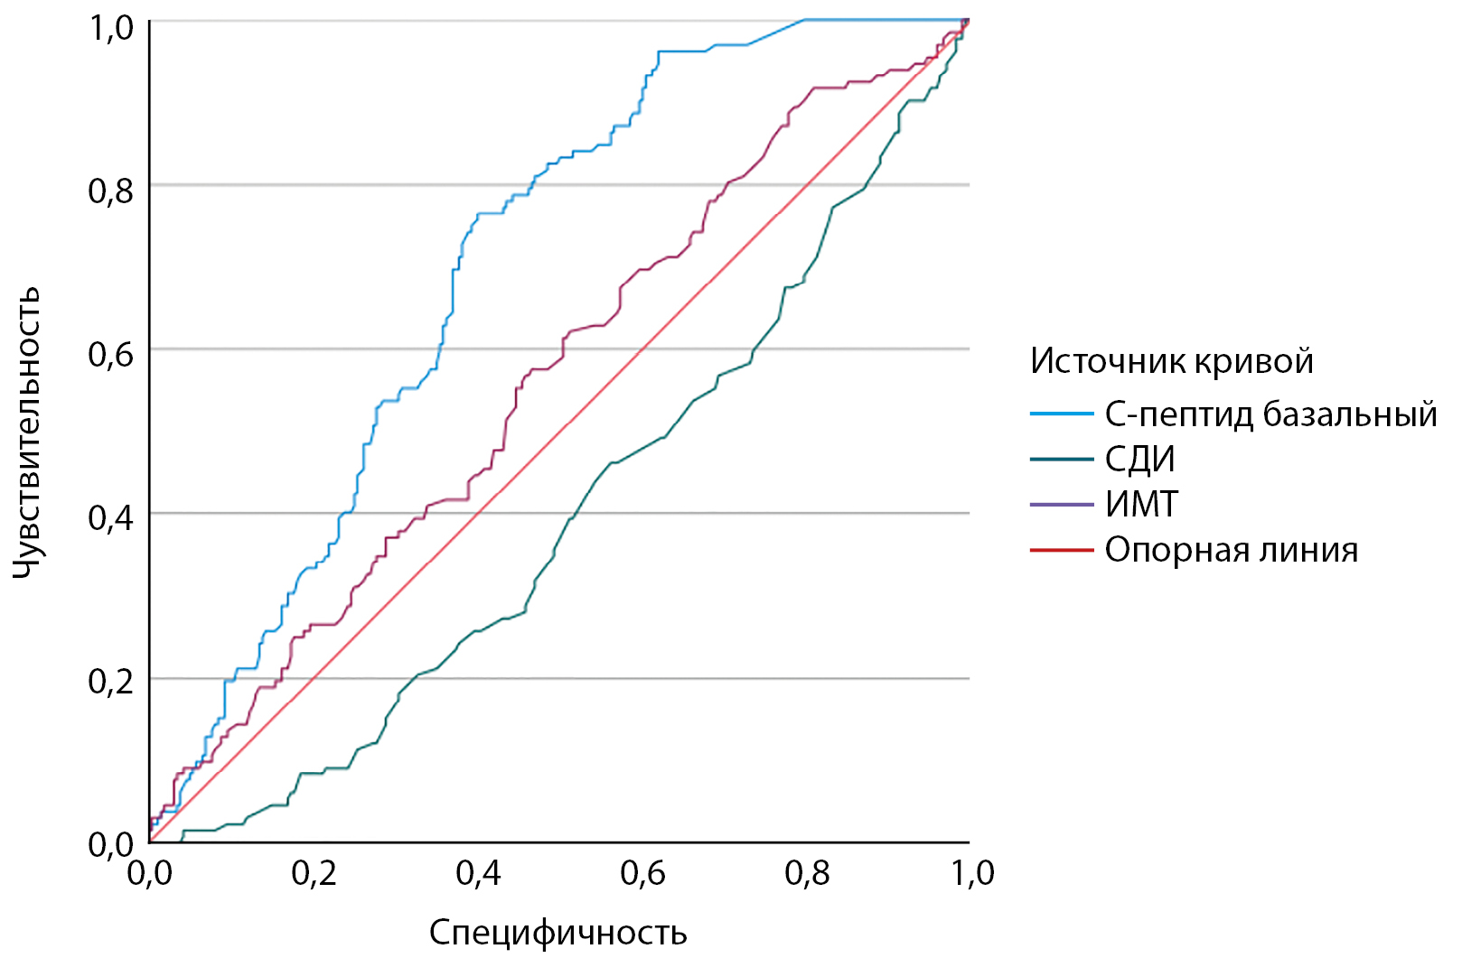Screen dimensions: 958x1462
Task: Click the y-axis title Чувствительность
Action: (x=27, y=432)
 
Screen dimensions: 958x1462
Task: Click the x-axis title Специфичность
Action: (x=558, y=932)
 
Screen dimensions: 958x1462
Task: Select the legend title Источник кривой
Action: (x=1171, y=361)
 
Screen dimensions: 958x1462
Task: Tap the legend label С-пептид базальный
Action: (x=1270, y=414)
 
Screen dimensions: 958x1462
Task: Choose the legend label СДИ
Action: (x=1139, y=460)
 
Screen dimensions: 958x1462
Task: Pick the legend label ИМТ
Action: (x=1141, y=504)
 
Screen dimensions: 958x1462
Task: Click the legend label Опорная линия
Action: (x=1231, y=550)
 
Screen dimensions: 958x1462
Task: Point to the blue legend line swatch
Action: (x=1062, y=414)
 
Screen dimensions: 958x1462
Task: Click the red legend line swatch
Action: (x=1062, y=550)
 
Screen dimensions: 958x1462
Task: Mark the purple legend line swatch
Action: (x=1062, y=504)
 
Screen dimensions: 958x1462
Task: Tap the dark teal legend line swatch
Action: (x=1062, y=460)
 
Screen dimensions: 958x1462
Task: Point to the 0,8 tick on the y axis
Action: (x=111, y=191)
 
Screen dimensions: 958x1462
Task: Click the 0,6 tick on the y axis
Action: (x=111, y=354)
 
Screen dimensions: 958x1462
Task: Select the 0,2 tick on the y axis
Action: (x=111, y=681)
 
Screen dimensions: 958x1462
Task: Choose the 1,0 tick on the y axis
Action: (x=111, y=27)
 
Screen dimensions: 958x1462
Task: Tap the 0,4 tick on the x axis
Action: (x=478, y=873)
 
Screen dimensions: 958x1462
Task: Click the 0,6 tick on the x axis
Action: (x=642, y=873)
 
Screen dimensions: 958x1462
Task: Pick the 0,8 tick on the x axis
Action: (x=807, y=873)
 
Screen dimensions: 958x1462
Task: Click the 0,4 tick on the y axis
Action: (x=111, y=517)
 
